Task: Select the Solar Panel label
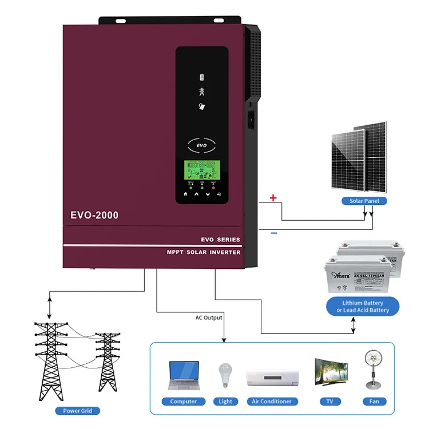364,201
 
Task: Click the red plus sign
273,198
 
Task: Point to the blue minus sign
273,233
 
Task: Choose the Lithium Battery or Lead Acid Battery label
363,307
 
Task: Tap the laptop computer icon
184,375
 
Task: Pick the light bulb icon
225,375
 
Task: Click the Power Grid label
78,411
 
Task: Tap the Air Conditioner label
272,402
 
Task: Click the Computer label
184,402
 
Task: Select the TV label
330,402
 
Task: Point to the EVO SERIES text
221,240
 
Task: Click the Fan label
374,402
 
